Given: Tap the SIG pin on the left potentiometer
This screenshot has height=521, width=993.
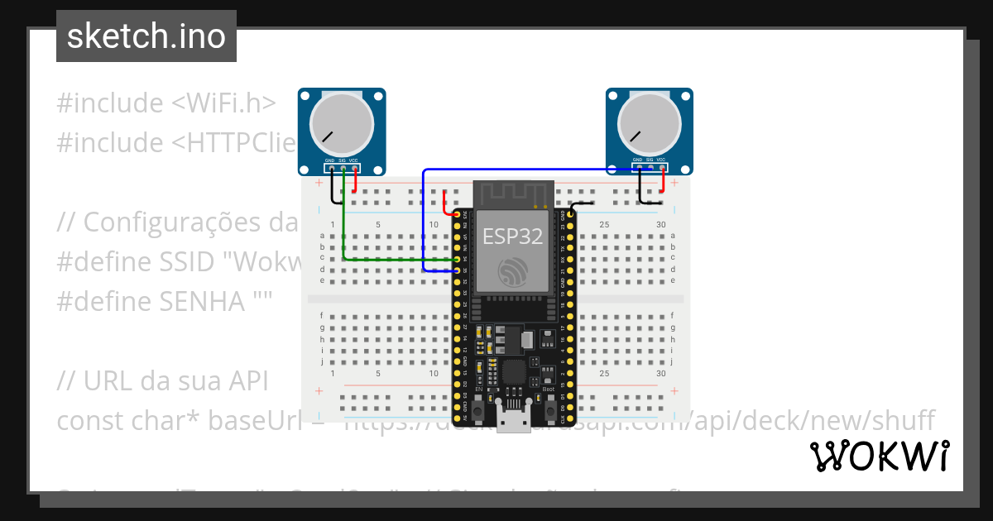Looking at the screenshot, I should click(343, 169).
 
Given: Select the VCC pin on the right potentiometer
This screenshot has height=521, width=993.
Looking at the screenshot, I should click(662, 169).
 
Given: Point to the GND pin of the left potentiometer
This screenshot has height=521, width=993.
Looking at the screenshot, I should click(330, 169).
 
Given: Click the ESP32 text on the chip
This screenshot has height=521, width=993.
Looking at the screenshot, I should click(512, 237).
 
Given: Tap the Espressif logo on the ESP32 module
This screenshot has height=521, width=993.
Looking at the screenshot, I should click(512, 273).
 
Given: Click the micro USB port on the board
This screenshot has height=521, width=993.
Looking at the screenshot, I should click(513, 421).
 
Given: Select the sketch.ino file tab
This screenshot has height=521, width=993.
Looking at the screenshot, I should click(146, 36).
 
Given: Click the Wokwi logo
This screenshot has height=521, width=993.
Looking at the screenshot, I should click(879, 456).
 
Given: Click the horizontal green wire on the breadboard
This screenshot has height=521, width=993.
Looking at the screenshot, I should click(397, 260).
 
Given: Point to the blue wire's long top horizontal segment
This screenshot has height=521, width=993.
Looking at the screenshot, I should click(530, 170).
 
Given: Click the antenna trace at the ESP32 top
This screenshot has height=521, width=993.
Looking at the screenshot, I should click(512, 195).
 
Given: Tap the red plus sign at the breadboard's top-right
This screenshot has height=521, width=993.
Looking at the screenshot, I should click(675, 183).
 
